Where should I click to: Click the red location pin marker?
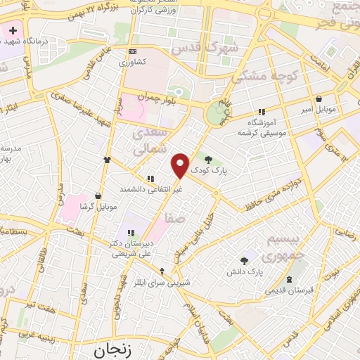click(181, 165)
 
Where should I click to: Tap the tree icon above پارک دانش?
click(245, 261)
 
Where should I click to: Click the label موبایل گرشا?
click(97, 206)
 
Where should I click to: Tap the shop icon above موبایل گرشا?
click(97, 196)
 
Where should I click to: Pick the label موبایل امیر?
click(319, 111)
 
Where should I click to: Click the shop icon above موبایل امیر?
click(319, 100)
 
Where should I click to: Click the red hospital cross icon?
click(13, 32)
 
